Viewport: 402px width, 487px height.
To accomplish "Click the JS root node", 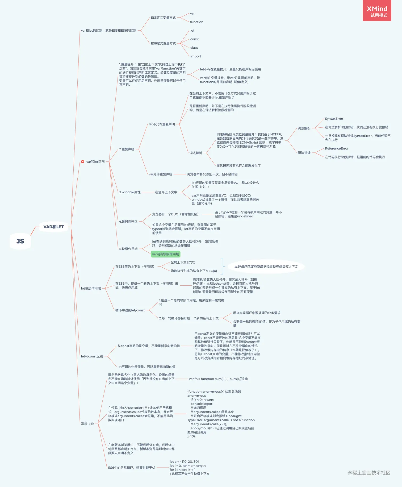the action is (20, 241).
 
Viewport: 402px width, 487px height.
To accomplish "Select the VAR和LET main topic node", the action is (54, 227).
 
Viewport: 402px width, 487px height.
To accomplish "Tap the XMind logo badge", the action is (377, 11).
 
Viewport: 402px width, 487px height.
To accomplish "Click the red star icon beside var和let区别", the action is (83, 162).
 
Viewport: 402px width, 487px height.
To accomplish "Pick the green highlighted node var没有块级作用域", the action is (165, 254).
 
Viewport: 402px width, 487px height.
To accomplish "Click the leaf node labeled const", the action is (194, 39).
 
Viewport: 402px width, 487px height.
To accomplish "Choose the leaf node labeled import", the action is (196, 56).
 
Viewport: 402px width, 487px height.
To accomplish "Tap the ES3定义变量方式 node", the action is (163, 18).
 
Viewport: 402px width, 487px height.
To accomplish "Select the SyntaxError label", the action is (334, 119).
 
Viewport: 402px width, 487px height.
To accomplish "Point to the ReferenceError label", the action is (337, 148).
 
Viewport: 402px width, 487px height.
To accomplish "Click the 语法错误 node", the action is (304, 153).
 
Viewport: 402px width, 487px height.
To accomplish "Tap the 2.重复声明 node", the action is (127, 149).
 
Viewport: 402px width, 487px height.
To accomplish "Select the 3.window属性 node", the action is (130, 192).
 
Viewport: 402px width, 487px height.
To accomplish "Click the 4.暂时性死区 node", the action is (128, 222).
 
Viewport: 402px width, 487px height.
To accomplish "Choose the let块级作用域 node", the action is (91, 288).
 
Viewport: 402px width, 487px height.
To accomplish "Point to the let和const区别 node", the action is (92, 356).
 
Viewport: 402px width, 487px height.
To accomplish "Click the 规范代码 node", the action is (87, 423).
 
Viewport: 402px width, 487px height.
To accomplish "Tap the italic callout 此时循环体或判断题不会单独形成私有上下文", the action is (266, 267).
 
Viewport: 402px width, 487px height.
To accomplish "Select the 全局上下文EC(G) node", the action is (183, 262).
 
